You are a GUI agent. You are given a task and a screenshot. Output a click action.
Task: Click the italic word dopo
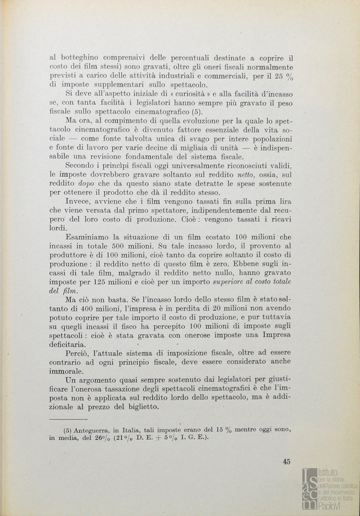pos(86,183)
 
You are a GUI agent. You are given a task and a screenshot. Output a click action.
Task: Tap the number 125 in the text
pos(109,282)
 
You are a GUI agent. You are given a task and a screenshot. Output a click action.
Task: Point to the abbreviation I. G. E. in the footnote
pos(194,439)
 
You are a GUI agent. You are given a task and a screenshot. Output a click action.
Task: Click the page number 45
pos(286,462)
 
